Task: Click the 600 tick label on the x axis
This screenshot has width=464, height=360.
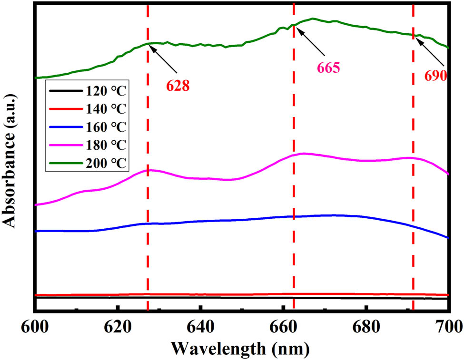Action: point(36,327)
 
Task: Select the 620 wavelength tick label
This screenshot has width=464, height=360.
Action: point(118,327)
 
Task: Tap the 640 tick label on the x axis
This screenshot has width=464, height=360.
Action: point(200,327)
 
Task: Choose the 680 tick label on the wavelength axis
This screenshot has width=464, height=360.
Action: point(365,327)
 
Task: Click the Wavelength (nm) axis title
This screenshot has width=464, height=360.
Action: point(241,348)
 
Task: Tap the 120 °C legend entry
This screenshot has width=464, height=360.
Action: point(106,91)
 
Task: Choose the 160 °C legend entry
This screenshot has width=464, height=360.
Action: point(106,127)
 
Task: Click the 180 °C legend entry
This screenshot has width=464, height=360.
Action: point(106,145)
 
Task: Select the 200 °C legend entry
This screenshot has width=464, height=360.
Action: point(106,163)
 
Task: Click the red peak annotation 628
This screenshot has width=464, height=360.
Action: point(178,85)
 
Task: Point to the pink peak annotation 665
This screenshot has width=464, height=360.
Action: point(327,68)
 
